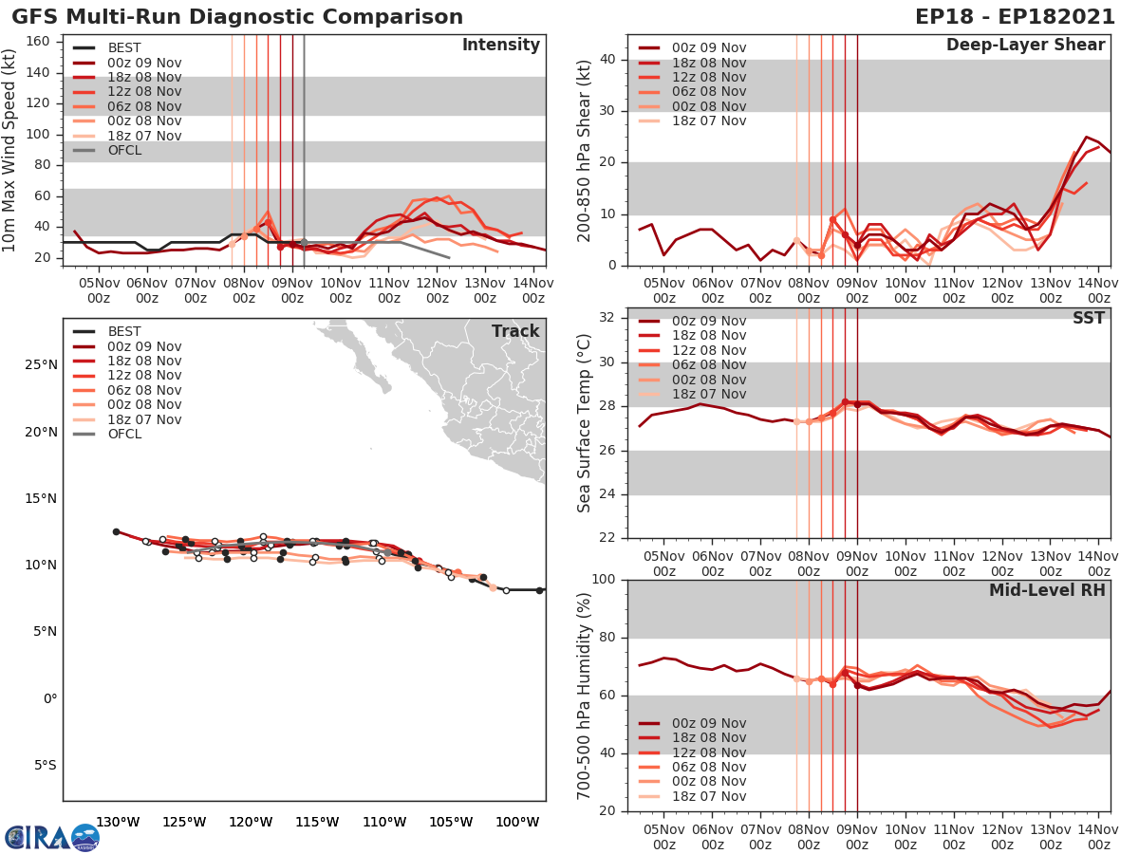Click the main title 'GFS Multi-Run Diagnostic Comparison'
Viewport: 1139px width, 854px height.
pos(237,17)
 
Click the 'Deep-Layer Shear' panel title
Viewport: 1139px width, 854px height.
pos(1025,46)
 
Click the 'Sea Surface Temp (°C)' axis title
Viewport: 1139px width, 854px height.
pos(584,422)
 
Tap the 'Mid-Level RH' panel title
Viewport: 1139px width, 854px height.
pos(1047,590)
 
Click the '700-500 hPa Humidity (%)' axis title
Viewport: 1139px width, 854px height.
pos(584,695)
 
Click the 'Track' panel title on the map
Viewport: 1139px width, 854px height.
pos(515,331)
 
